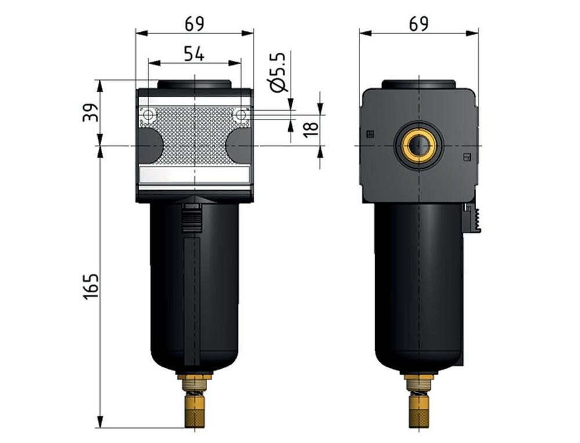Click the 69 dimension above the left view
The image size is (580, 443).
pos(194,24)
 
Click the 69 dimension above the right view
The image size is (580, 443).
pos(418,24)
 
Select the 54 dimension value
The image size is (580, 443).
pos(194,54)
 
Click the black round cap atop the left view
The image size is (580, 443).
pos(194,83)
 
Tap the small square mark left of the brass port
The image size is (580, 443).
pos(371,134)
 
